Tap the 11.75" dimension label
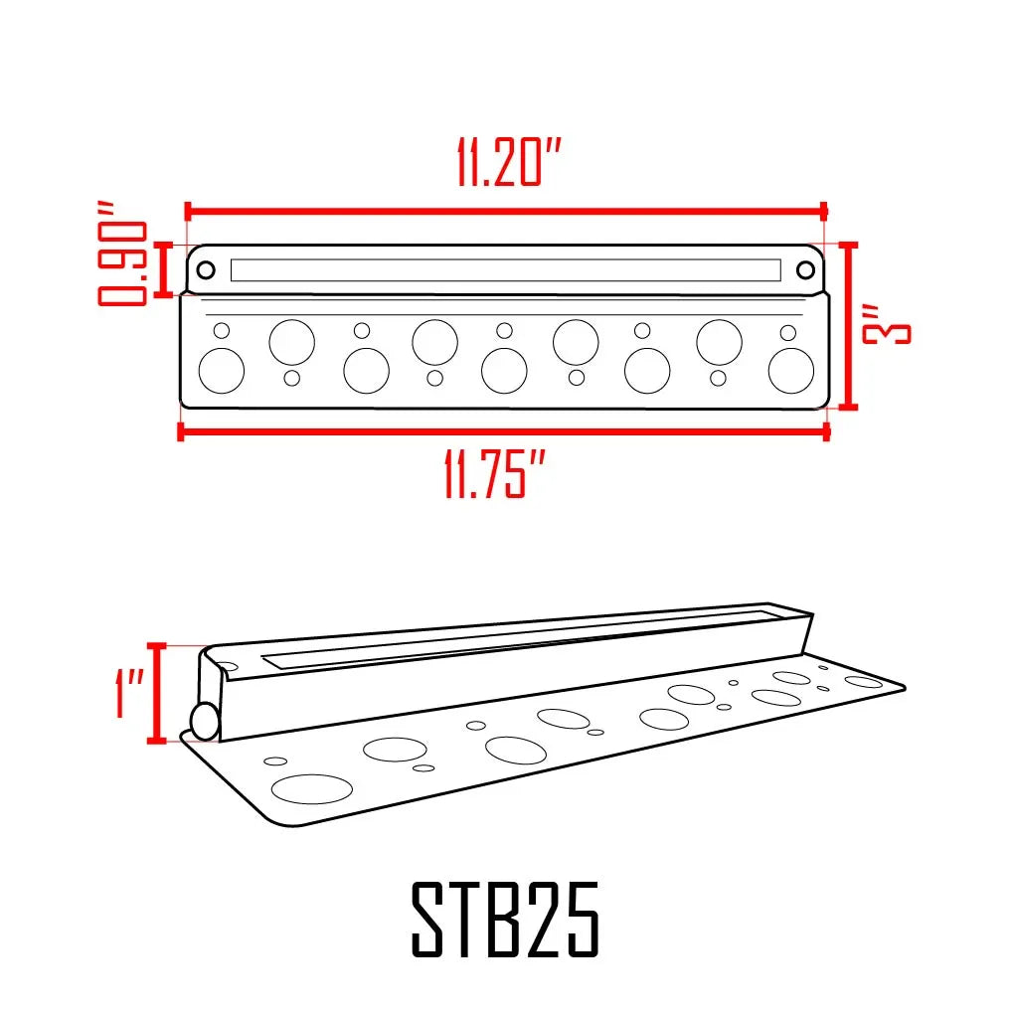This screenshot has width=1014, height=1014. [x=495, y=476]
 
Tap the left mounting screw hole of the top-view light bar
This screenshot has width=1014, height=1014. [x=205, y=269]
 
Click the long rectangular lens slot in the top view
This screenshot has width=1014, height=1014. [x=505, y=269]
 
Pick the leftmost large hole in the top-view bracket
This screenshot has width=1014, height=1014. [x=221, y=371]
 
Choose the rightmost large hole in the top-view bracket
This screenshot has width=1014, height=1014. [x=791, y=371]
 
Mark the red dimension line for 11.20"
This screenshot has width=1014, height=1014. [x=505, y=211]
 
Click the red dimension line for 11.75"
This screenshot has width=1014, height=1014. [x=503, y=430]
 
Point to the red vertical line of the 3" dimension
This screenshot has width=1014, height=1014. [x=848, y=326]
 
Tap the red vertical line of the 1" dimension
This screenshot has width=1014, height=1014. [x=156, y=693]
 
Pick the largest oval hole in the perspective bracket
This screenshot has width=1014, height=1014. [x=311, y=788]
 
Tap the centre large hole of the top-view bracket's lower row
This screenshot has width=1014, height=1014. [x=504, y=371]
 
